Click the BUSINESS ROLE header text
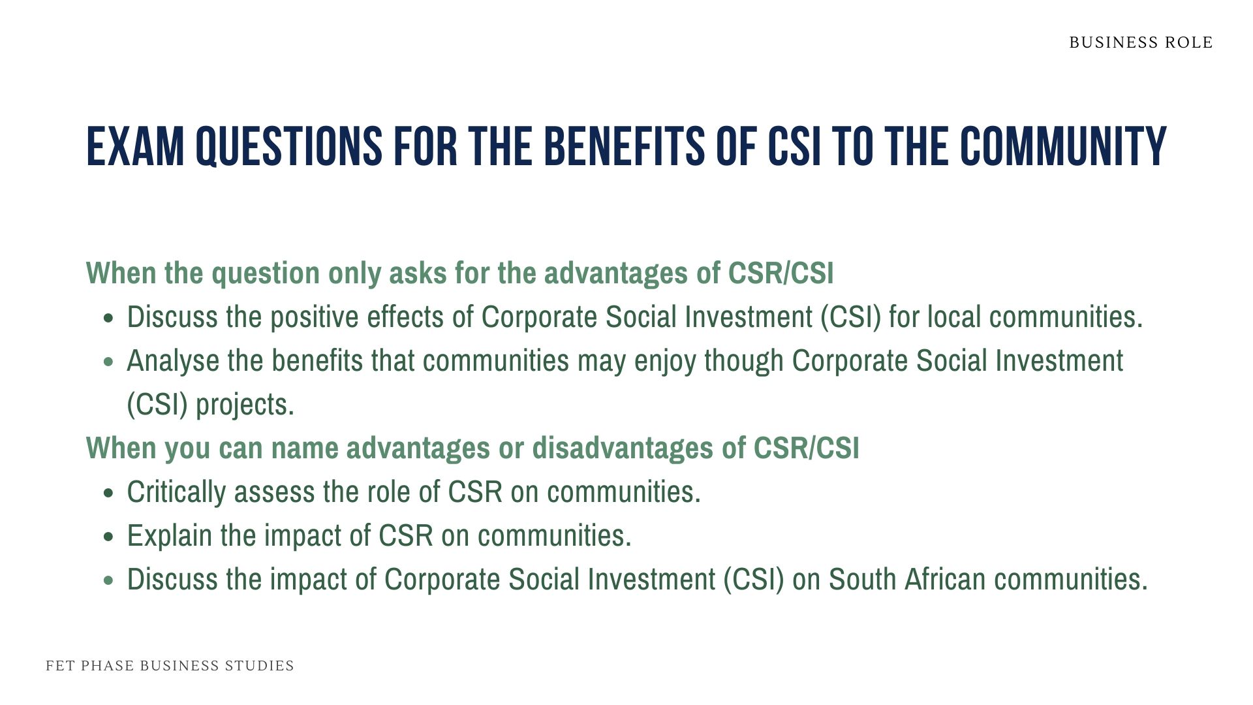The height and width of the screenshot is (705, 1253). click(1140, 42)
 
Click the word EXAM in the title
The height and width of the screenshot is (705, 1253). click(135, 147)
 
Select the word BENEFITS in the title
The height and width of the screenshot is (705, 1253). click(624, 147)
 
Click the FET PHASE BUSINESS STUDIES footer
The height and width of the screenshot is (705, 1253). click(170, 665)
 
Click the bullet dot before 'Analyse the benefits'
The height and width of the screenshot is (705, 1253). click(109, 362)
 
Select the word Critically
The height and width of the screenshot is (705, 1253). click(176, 492)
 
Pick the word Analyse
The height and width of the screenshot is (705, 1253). click(172, 361)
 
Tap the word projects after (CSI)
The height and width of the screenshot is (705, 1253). click(244, 405)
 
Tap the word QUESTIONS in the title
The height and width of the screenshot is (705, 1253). click(288, 147)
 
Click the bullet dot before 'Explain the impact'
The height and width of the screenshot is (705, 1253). click(109, 537)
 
